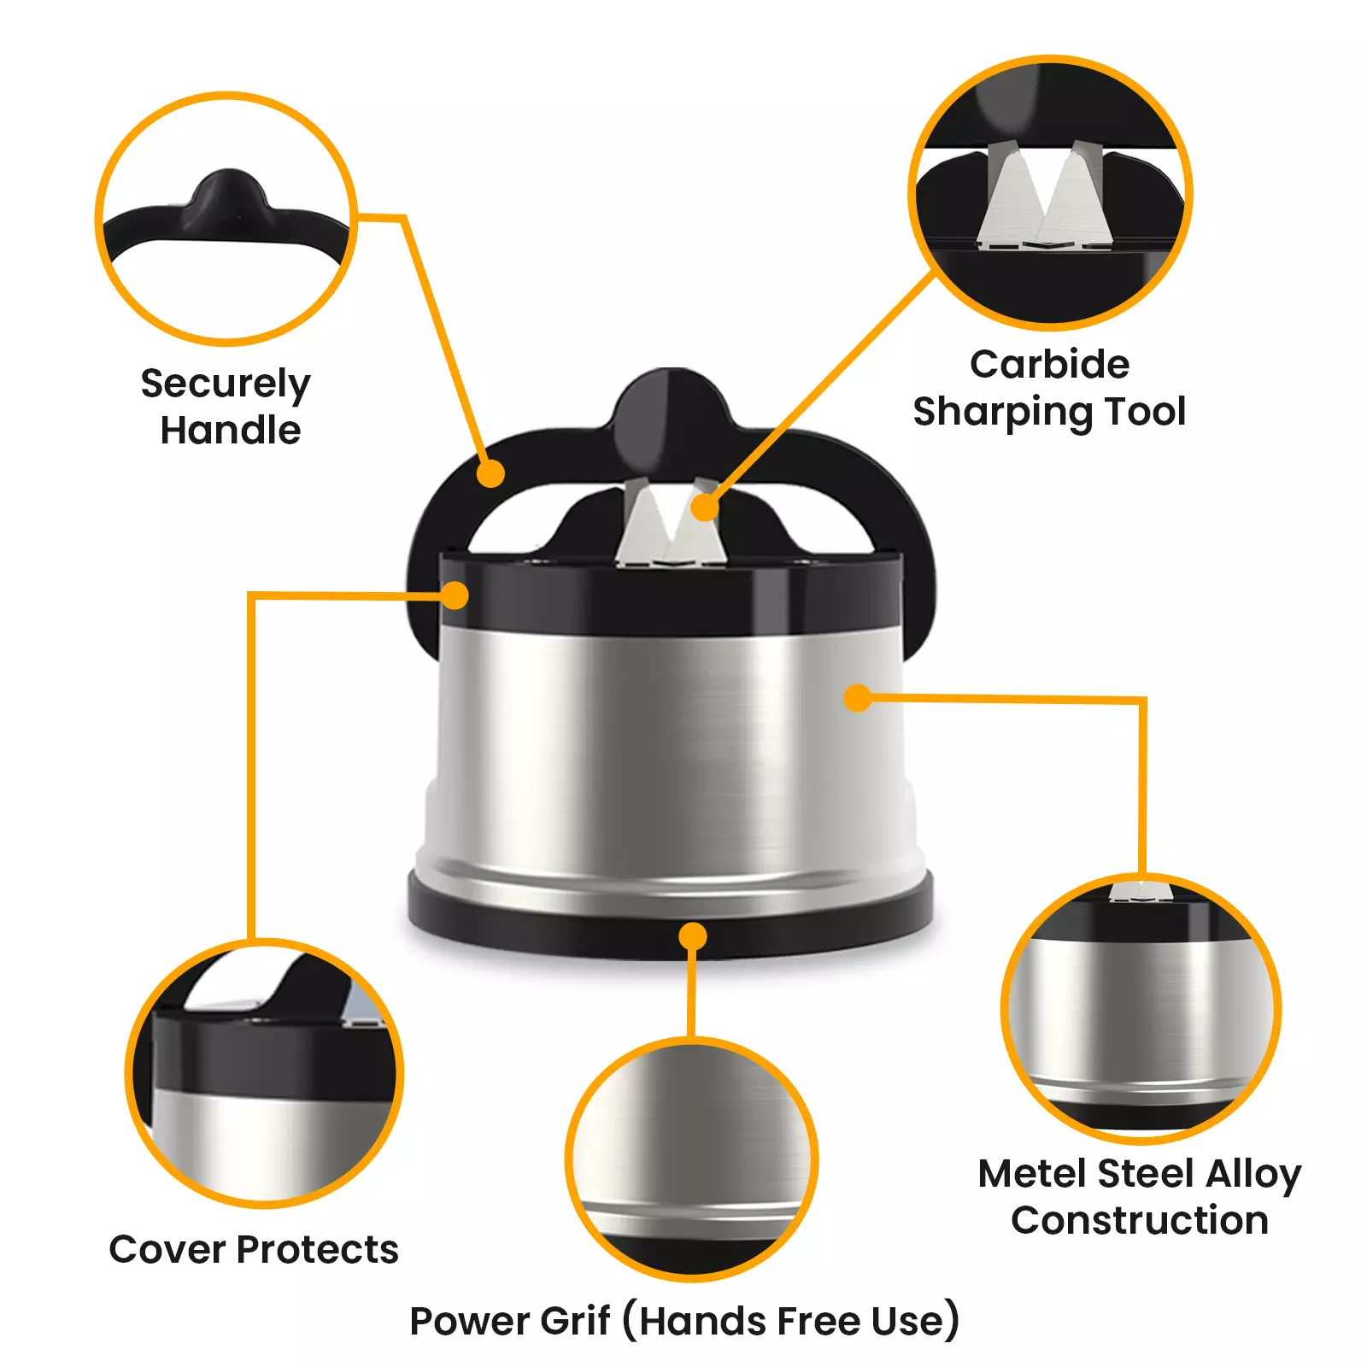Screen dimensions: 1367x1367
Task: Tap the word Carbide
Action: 1049,365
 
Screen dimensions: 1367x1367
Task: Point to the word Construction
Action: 1139,1220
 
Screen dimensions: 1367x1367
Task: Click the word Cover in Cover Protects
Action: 167,1250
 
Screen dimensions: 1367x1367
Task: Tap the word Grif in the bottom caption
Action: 574,1321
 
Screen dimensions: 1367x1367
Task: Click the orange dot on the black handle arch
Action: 490,473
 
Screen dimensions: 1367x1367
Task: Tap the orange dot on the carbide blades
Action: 704,507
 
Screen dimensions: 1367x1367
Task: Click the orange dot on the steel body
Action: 857,697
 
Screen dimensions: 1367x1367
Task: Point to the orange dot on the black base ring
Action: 692,936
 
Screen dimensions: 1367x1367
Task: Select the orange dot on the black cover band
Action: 455,595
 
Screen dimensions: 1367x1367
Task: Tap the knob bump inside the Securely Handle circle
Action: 228,197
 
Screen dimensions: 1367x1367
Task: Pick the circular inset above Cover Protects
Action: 265,1073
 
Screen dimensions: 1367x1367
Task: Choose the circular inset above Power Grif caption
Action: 692,1159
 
